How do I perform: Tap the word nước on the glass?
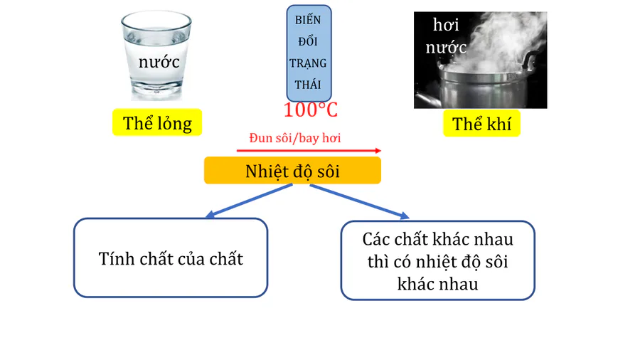tap(159, 61)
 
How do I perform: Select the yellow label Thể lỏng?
tap(157, 123)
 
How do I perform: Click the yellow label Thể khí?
tap(486, 124)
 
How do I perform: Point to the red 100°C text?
tap(310, 110)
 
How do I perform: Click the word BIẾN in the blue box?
tap(308, 20)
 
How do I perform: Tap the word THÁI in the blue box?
tap(308, 85)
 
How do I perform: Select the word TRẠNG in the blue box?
tap(308, 63)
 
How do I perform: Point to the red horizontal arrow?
tap(309, 151)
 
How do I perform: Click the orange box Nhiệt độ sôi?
tap(292, 171)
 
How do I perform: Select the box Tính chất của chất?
tap(171, 258)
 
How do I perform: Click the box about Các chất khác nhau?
tap(437, 260)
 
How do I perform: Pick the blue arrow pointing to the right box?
tap(360, 201)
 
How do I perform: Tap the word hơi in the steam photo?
tap(446, 26)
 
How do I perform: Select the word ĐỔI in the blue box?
tap(308, 41)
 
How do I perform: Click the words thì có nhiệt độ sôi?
tap(437, 261)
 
